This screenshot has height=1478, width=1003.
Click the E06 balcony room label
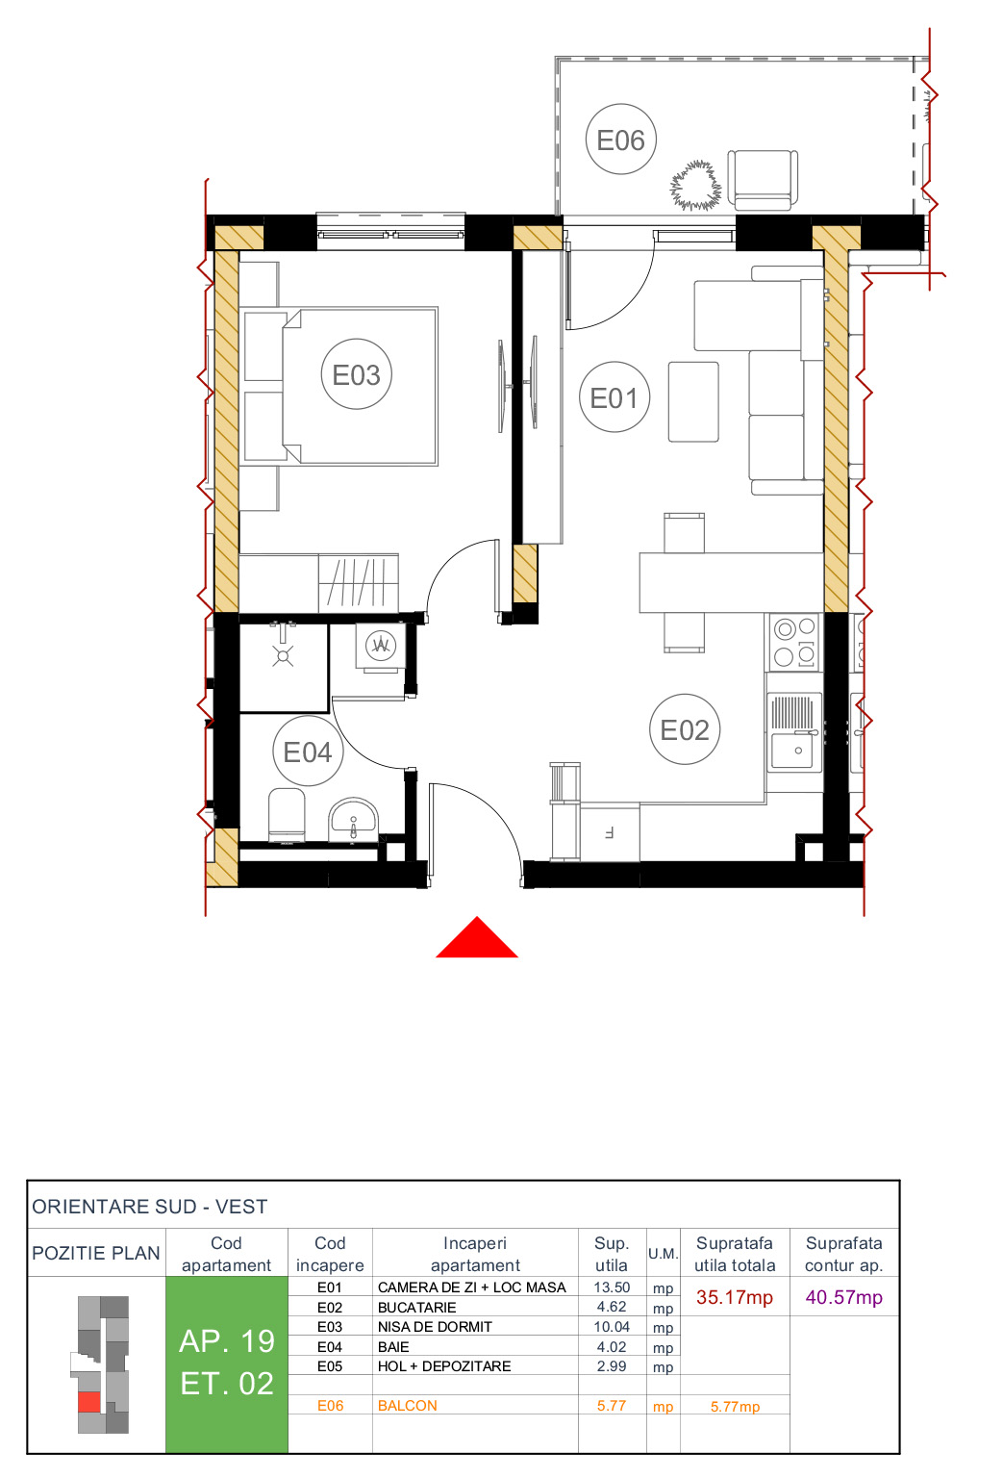(x=620, y=140)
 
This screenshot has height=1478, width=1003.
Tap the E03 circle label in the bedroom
(x=356, y=374)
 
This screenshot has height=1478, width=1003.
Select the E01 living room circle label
(x=614, y=397)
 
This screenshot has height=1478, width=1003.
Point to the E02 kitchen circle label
(x=685, y=729)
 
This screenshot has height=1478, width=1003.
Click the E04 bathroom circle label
(x=308, y=752)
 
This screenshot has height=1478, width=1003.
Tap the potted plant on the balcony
(x=695, y=186)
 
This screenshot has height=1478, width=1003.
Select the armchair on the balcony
(x=762, y=179)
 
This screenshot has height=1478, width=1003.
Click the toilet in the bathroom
(x=287, y=815)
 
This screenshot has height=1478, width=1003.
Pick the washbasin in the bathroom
(x=354, y=820)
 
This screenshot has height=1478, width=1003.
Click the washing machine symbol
(x=381, y=645)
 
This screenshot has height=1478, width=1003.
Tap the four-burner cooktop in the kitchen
(x=794, y=642)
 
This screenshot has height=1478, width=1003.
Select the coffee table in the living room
(x=693, y=401)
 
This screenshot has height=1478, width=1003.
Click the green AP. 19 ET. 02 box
(x=227, y=1363)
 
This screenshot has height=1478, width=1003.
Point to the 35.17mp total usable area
(x=735, y=1297)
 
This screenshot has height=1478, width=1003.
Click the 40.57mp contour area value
(x=843, y=1297)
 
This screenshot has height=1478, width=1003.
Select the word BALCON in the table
(x=408, y=1406)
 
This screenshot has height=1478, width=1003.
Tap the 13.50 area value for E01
(x=612, y=1287)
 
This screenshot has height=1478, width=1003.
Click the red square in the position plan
(x=89, y=1402)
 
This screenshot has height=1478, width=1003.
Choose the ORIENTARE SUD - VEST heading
(x=150, y=1207)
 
